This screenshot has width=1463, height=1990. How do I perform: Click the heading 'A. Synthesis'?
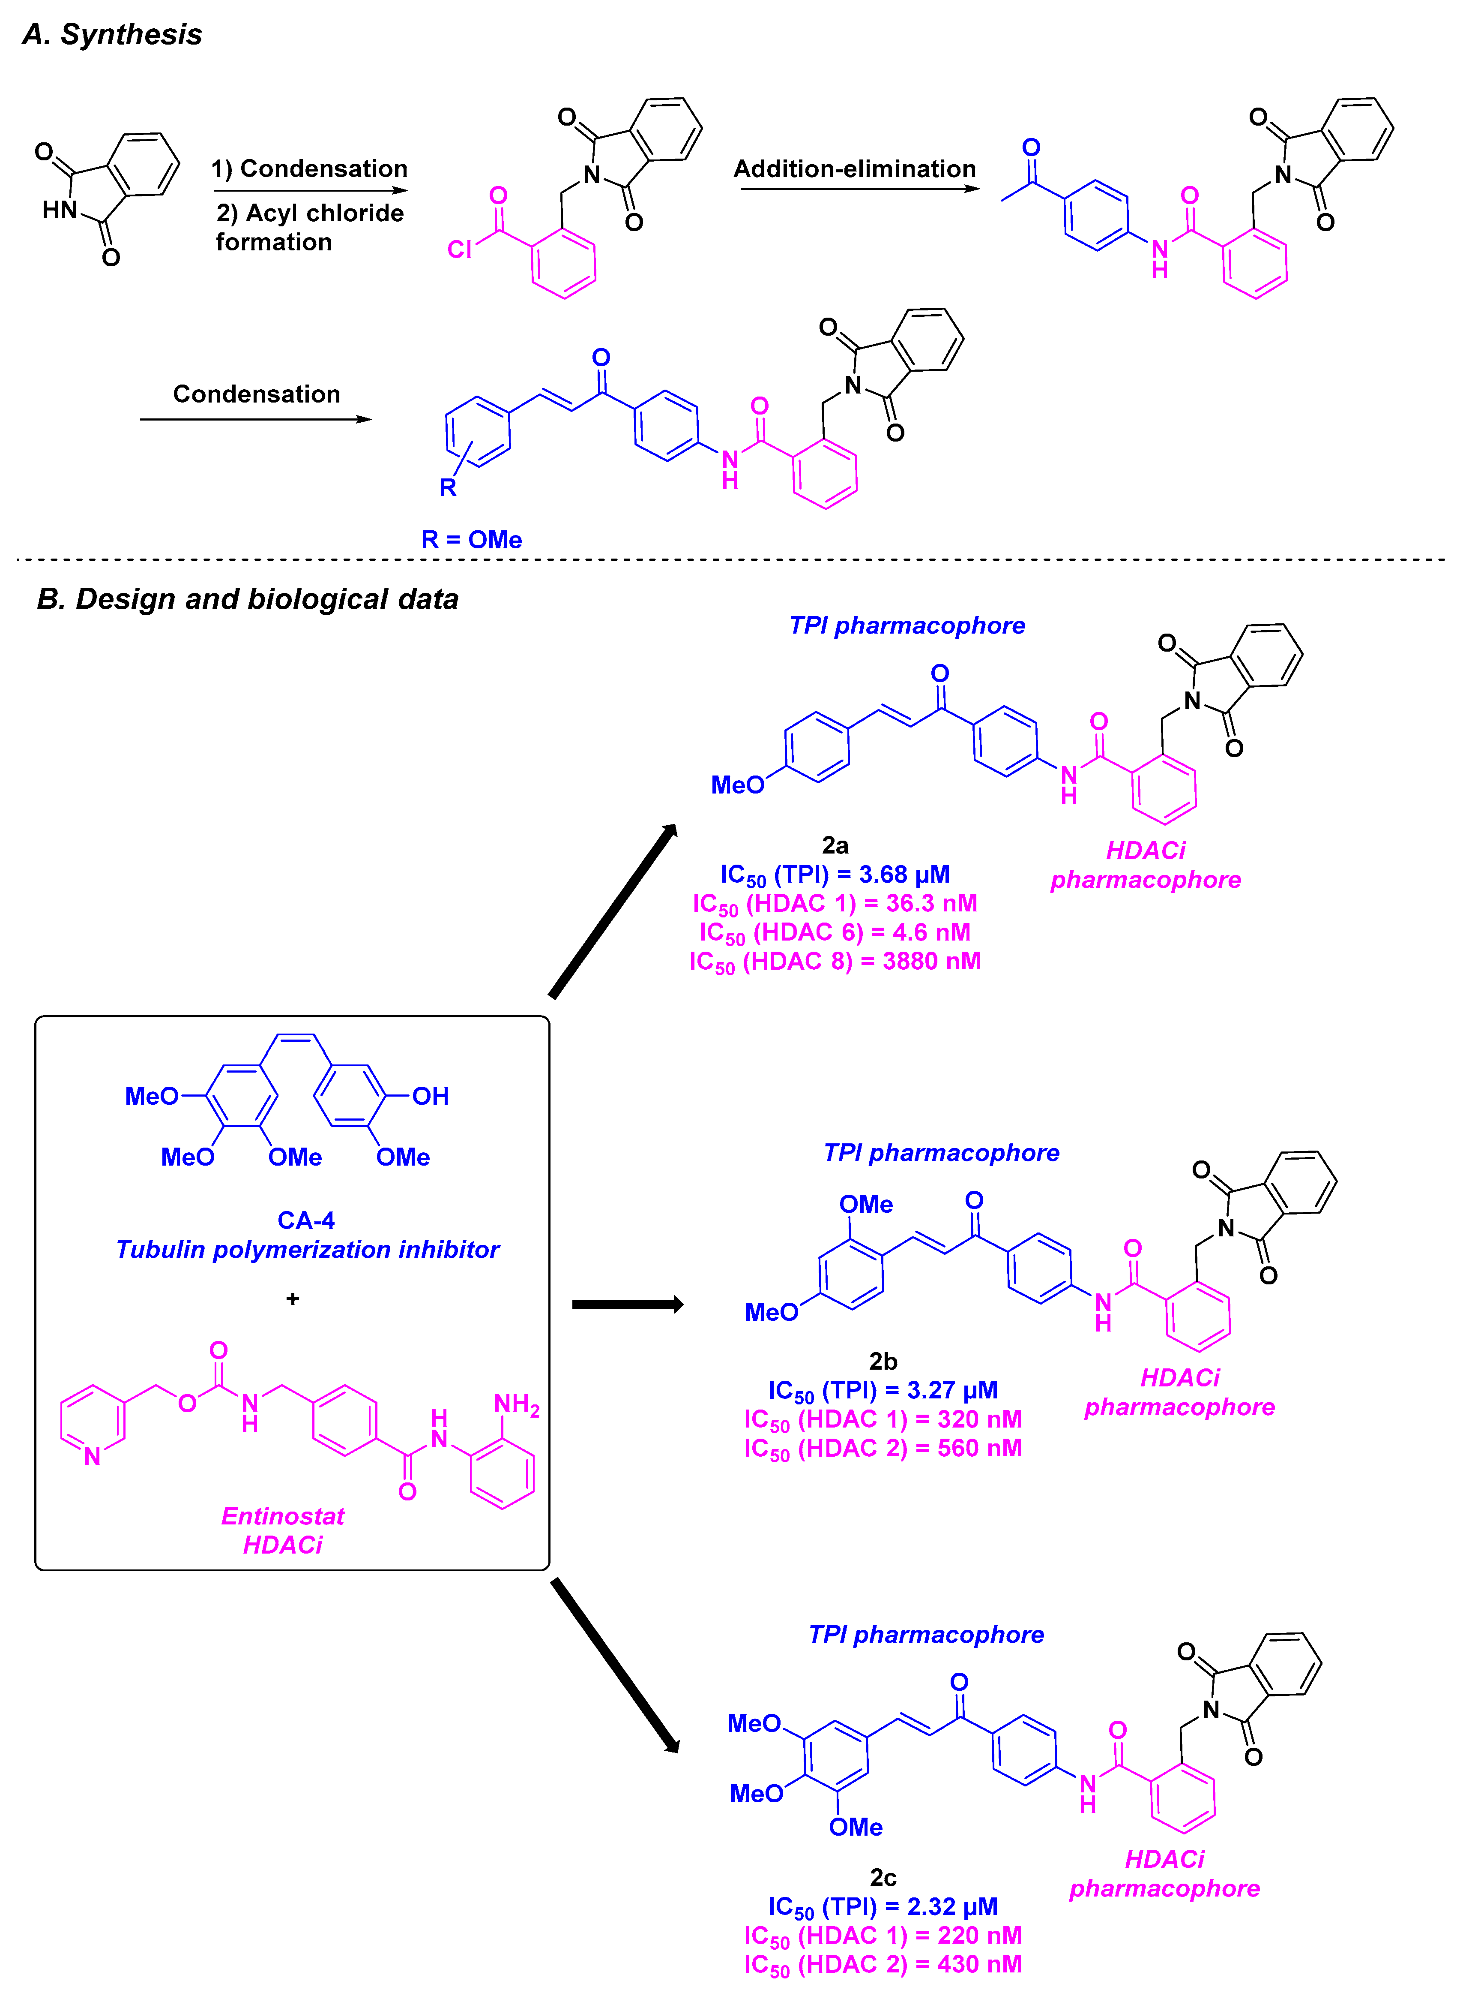[x=113, y=35]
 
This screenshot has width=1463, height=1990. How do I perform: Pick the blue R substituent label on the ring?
[x=448, y=487]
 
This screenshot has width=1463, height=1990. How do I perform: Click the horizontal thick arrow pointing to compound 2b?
[x=627, y=1304]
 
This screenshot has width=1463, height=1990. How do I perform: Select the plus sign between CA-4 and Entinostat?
[x=293, y=1299]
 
